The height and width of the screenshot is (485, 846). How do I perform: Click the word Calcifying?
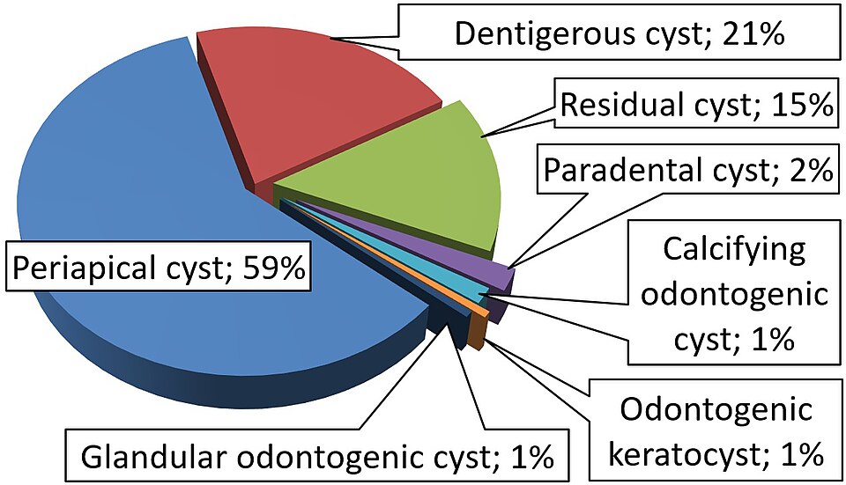tap(735, 249)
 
